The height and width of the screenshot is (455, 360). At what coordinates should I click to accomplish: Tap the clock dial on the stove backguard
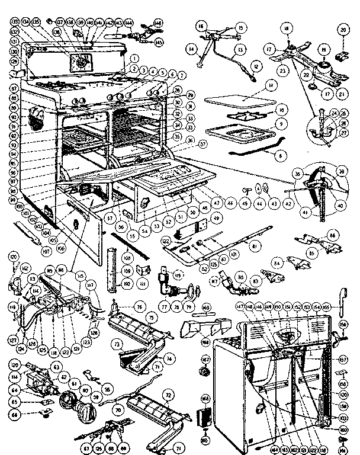pyautogui.click(x=78, y=60)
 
